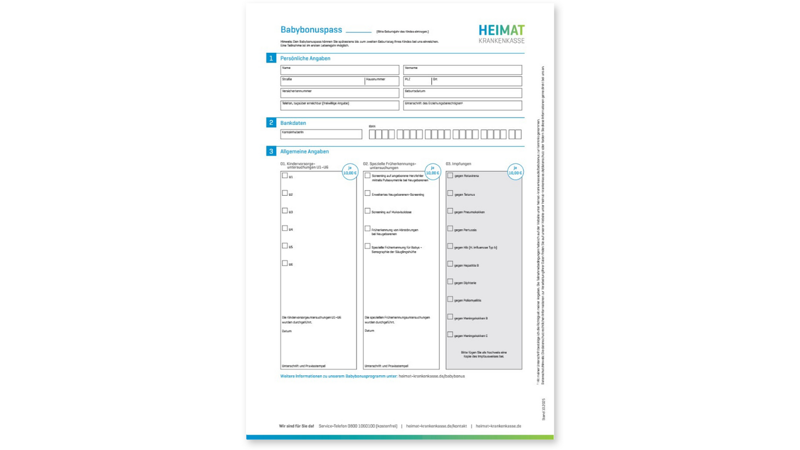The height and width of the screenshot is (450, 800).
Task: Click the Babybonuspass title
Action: (x=312, y=30)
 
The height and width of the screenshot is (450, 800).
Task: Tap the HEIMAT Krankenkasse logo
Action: (x=501, y=34)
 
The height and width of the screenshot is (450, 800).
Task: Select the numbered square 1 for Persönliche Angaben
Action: (x=271, y=58)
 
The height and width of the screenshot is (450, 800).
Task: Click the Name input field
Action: (x=340, y=70)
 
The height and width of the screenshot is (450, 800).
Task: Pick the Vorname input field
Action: (x=462, y=70)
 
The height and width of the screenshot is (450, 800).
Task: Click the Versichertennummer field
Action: (x=340, y=93)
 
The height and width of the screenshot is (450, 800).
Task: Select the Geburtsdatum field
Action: (x=462, y=93)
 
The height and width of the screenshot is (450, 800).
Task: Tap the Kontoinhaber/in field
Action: (x=321, y=134)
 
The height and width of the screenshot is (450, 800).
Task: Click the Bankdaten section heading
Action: (x=293, y=123)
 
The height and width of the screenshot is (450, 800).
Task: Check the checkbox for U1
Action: (x=285, y=176)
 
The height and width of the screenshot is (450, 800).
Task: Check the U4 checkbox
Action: (x=285, y=228)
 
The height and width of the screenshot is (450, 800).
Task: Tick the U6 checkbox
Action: (x=285, y=263)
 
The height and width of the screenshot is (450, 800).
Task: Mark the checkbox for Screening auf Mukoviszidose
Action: (x=367, y=211)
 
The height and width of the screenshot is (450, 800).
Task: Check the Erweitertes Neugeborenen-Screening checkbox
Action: (x=367, y=193)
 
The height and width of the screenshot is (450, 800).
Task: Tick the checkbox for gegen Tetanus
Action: (x=450, y=193)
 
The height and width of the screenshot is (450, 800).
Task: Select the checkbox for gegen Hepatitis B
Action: (x=450, y=264)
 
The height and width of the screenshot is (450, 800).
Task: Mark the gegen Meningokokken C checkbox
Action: (x=450, y=335)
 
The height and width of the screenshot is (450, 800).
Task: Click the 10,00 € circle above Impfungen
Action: (x=515, y=171)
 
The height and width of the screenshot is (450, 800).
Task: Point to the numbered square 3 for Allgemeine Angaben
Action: (x=271, y=151)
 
